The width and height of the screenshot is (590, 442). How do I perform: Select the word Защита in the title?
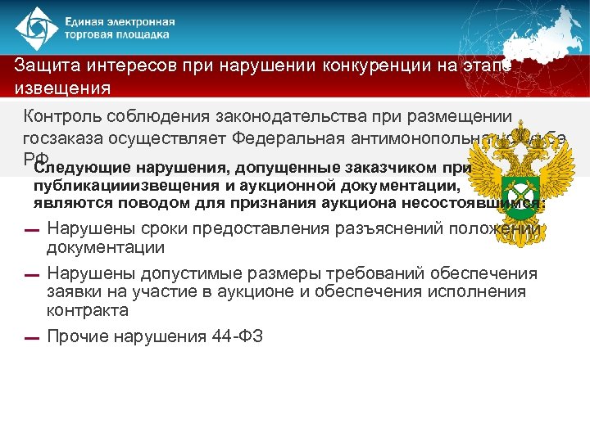46,66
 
